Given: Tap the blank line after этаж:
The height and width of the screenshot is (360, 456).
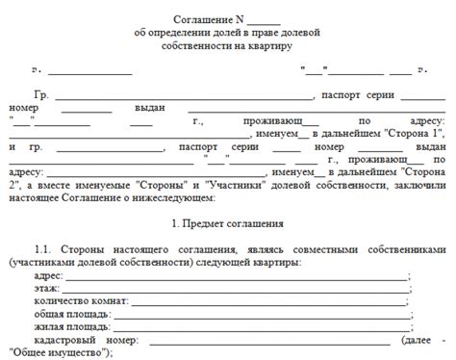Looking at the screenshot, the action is [236, 291].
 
